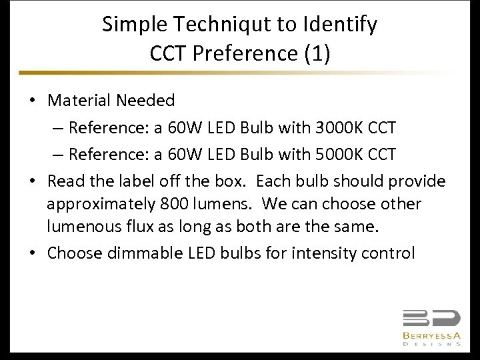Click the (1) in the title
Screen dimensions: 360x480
317,53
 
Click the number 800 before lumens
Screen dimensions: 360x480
173,203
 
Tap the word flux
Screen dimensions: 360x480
139,227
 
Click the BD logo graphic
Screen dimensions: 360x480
431,319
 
